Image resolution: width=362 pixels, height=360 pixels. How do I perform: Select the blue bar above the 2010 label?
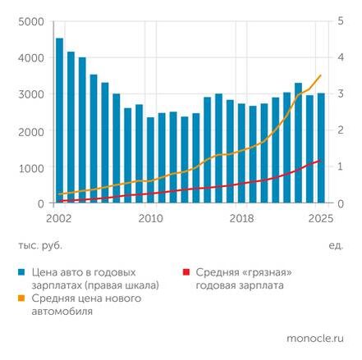pyautogui.click(x=150, y=160)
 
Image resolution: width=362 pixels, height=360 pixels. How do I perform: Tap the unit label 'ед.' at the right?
pyautogui.click(x=336, y=245)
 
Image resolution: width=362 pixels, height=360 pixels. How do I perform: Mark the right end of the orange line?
pyautogui.click(x=321, y=75)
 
